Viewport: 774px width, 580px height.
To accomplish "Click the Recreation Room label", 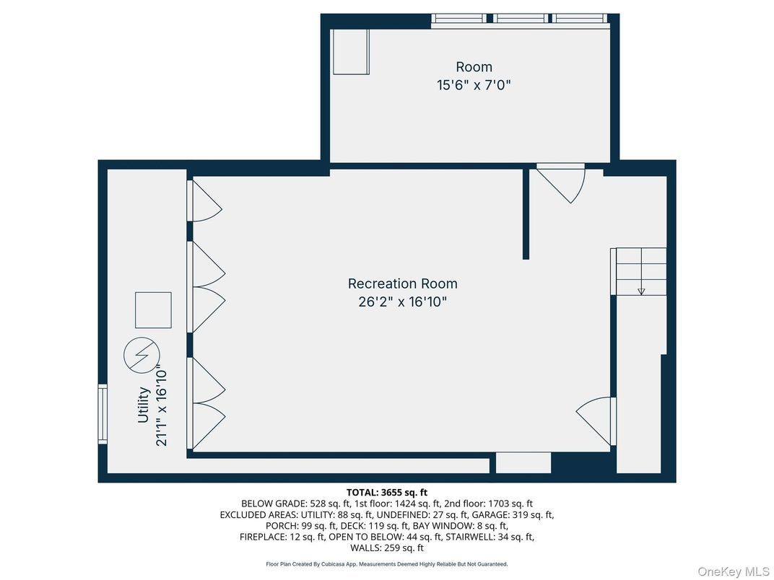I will point(402,284).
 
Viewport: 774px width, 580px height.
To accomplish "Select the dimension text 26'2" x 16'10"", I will point(402,302).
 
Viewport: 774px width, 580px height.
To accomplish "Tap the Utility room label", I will point(144,405).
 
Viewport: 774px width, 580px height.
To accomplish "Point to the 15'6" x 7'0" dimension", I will point(474,85).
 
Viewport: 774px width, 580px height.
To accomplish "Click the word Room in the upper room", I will point(474,67).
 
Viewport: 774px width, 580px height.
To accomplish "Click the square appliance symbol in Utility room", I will point(153,310).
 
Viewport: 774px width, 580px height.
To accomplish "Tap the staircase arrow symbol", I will point(640,291).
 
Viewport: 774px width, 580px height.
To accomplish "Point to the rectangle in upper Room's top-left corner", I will point(351,51).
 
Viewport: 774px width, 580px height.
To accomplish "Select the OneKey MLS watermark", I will point(733,571).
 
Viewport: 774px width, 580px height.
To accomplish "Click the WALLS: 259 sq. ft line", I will point(387,548).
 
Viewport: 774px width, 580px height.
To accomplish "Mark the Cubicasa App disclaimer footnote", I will point(387,564).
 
